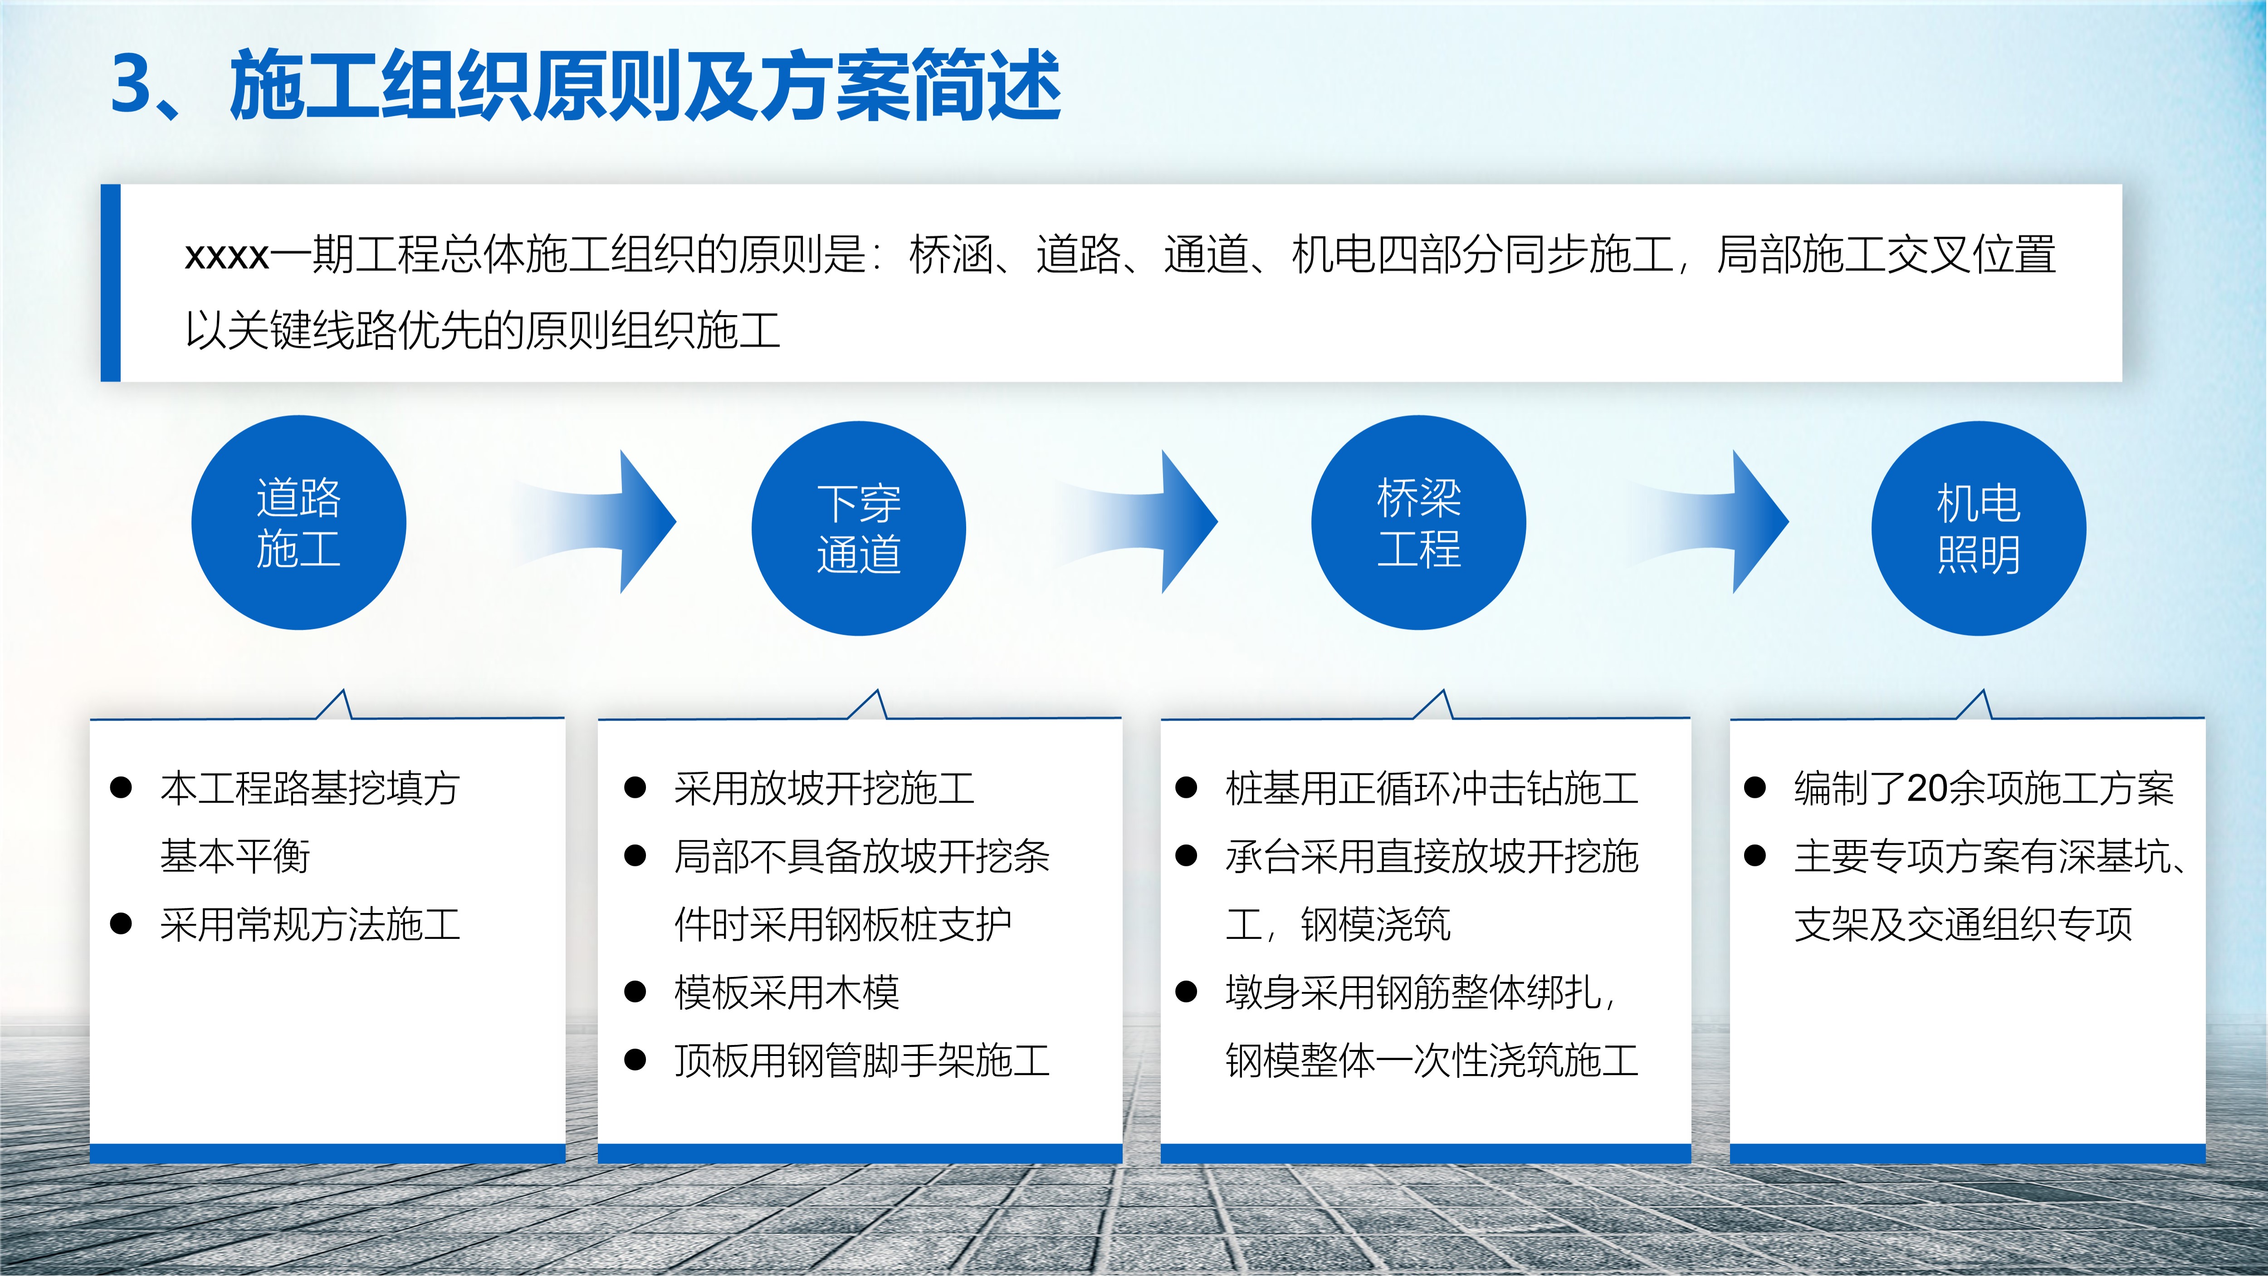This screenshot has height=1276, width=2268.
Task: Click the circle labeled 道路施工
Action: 298,522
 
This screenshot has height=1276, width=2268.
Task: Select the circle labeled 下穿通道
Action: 858,528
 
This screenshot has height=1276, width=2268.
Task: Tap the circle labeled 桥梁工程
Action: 1418,522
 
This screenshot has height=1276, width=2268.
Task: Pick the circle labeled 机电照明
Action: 1978,528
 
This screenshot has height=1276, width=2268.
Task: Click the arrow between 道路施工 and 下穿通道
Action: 599,521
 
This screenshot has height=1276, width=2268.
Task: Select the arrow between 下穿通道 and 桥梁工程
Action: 1140,521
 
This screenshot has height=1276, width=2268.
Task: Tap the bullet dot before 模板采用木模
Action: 635,992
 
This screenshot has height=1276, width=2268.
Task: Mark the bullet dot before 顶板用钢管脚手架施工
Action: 635,1060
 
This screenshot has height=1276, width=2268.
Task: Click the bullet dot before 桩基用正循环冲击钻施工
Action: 1186,787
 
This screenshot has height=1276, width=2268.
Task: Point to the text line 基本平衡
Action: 235,856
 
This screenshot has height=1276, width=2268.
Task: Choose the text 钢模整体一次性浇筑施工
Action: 1432,1060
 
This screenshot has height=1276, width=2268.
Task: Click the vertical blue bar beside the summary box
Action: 110,283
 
